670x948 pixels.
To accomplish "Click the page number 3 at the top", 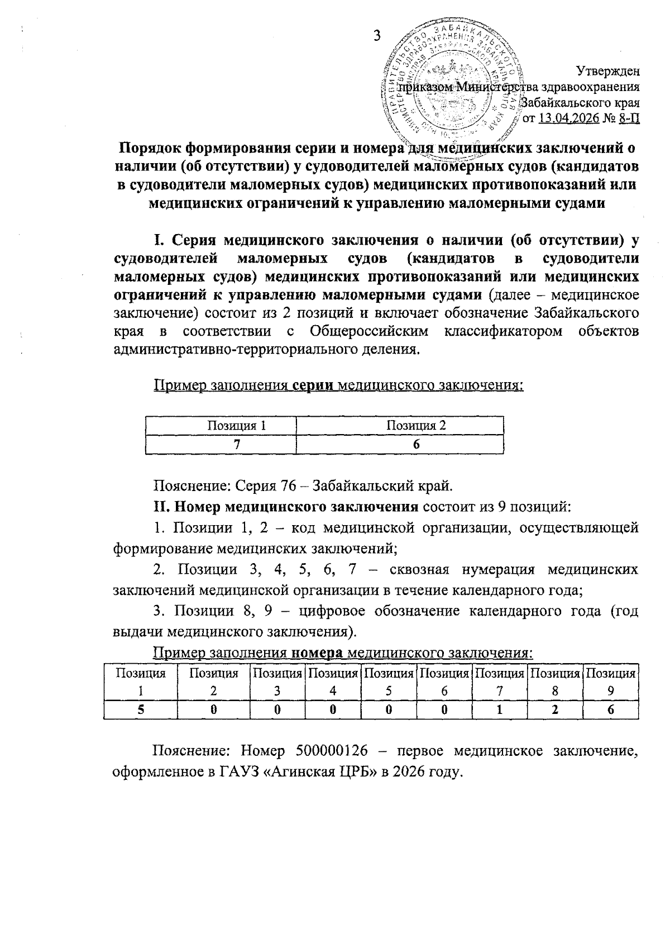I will point(377,35).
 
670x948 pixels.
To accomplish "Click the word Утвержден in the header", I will point(608,72).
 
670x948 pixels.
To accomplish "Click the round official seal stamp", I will point(452,84).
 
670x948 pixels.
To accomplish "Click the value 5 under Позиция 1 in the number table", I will point(140,709).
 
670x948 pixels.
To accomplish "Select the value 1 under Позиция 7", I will point(500,709).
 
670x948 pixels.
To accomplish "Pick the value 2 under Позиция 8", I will point(555,709).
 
